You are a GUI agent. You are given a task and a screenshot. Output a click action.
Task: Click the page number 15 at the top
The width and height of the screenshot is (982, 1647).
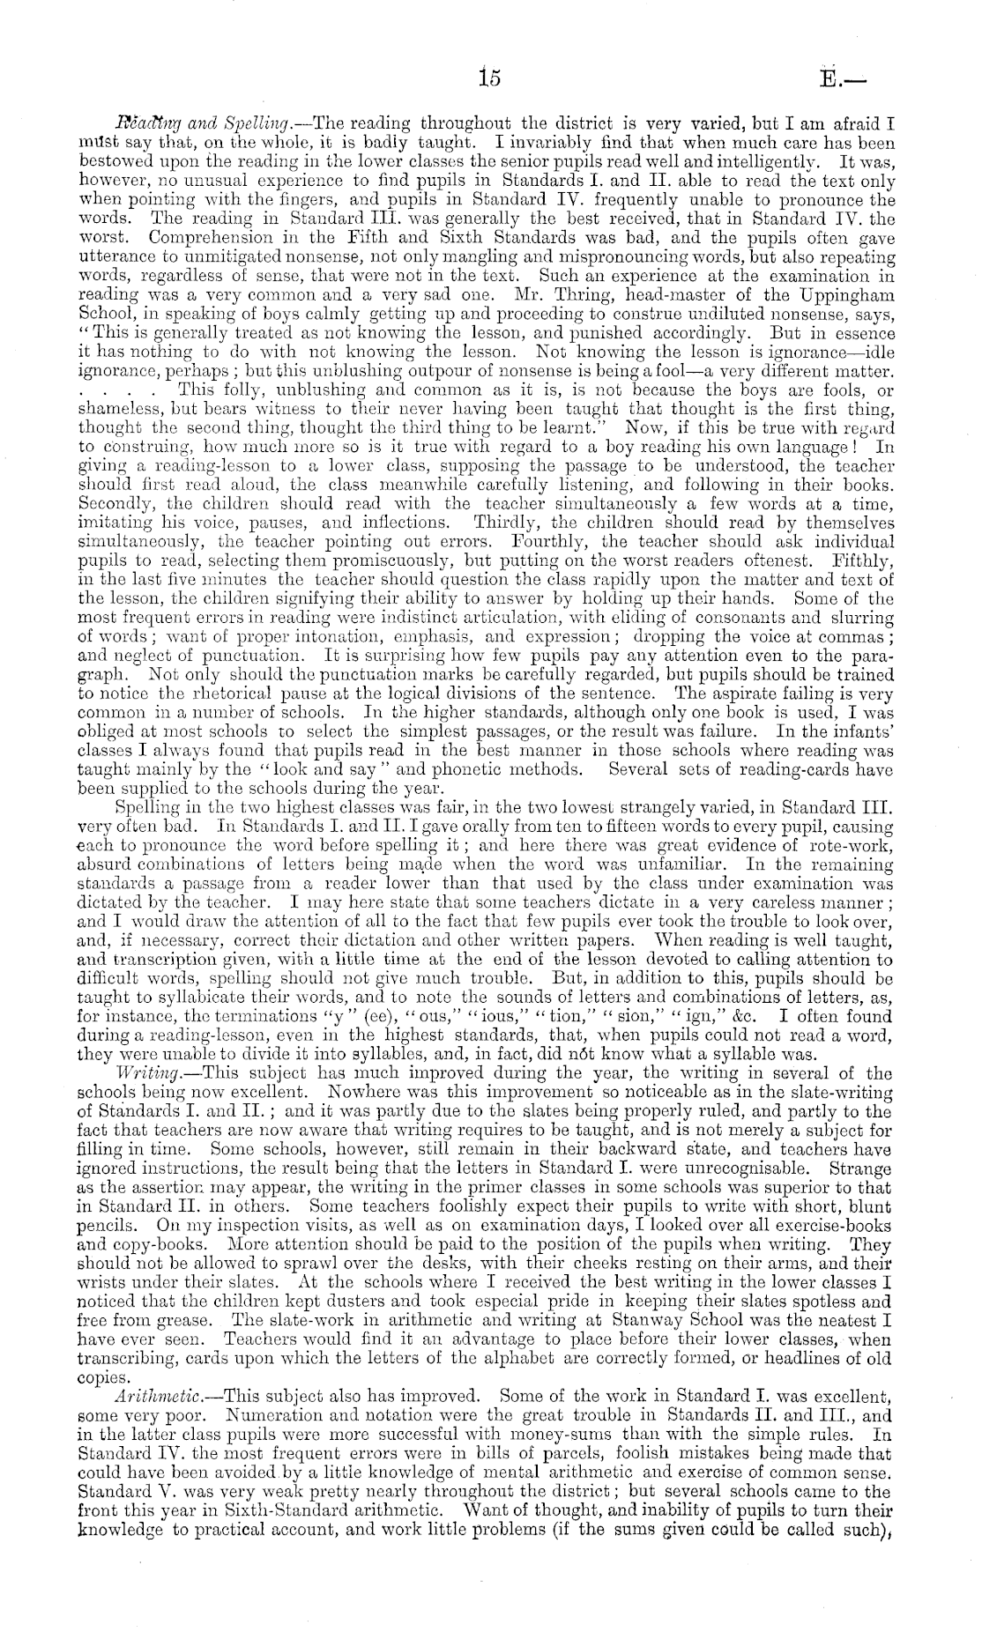pyautogui.click(x=490, y=78)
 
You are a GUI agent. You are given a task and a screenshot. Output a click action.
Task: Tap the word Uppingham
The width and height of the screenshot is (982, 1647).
pyautogui.click(x=844, y=294)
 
